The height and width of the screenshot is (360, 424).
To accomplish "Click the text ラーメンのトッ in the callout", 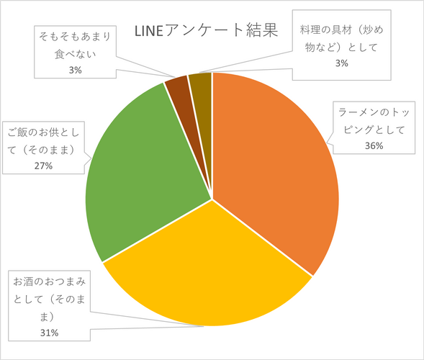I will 374,114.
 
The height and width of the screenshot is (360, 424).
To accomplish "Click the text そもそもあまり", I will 75,36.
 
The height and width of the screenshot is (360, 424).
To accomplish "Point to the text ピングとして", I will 374,130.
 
